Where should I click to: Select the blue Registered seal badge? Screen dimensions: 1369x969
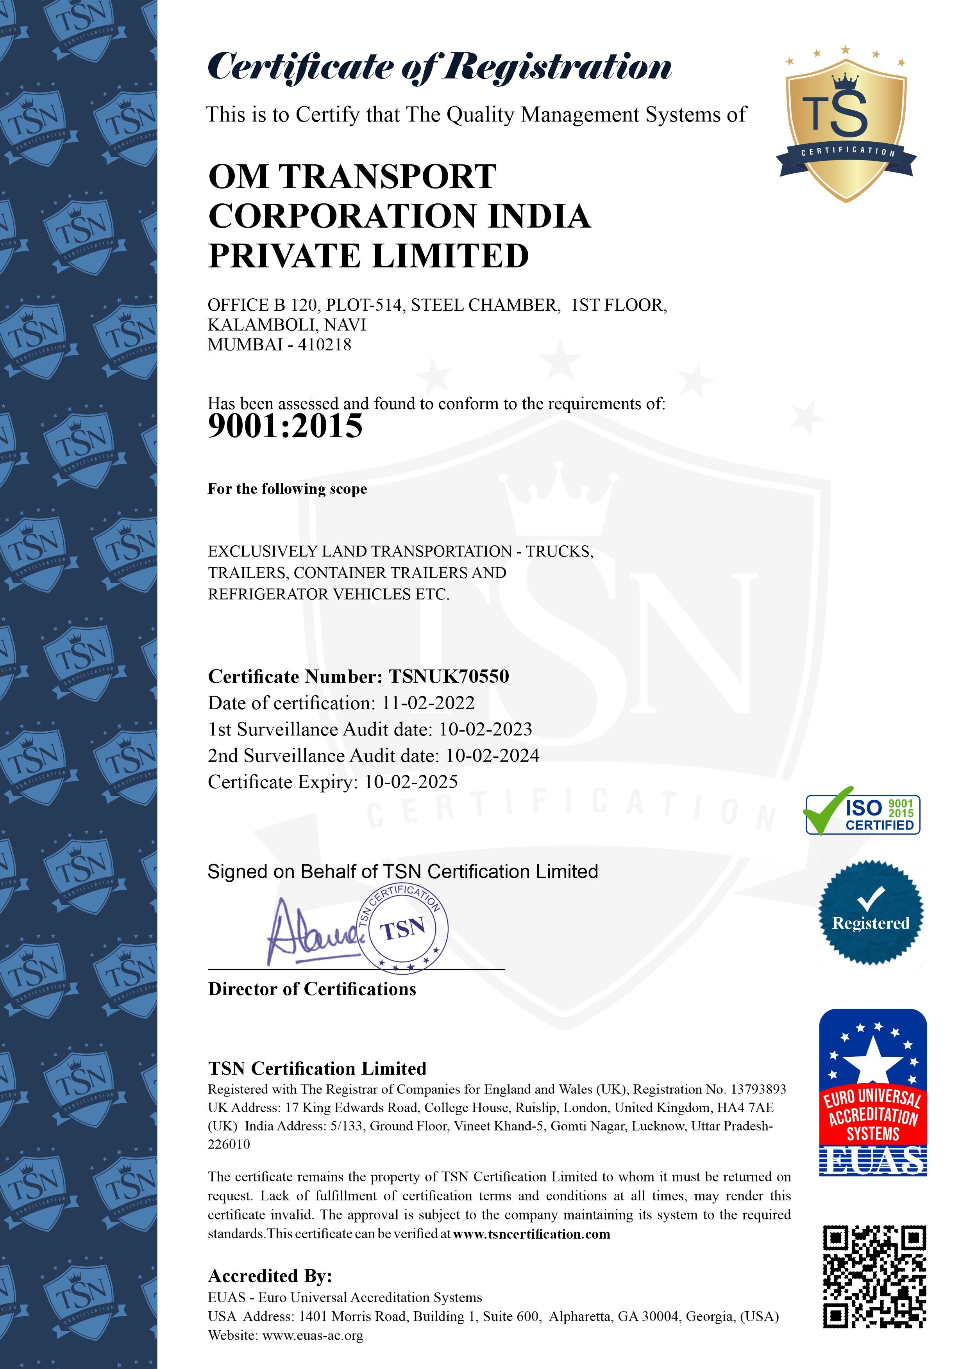871,912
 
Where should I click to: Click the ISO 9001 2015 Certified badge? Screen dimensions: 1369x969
863,814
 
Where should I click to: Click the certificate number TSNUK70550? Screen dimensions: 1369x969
449,677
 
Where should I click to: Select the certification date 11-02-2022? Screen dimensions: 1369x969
428,703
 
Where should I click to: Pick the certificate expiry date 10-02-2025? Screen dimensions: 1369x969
411,782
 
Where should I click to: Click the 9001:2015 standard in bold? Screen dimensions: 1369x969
285,426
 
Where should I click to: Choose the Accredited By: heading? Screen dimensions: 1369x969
270,1276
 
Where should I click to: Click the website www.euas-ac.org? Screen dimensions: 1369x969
313,1335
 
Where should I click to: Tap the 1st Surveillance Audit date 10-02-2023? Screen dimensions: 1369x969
486,729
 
